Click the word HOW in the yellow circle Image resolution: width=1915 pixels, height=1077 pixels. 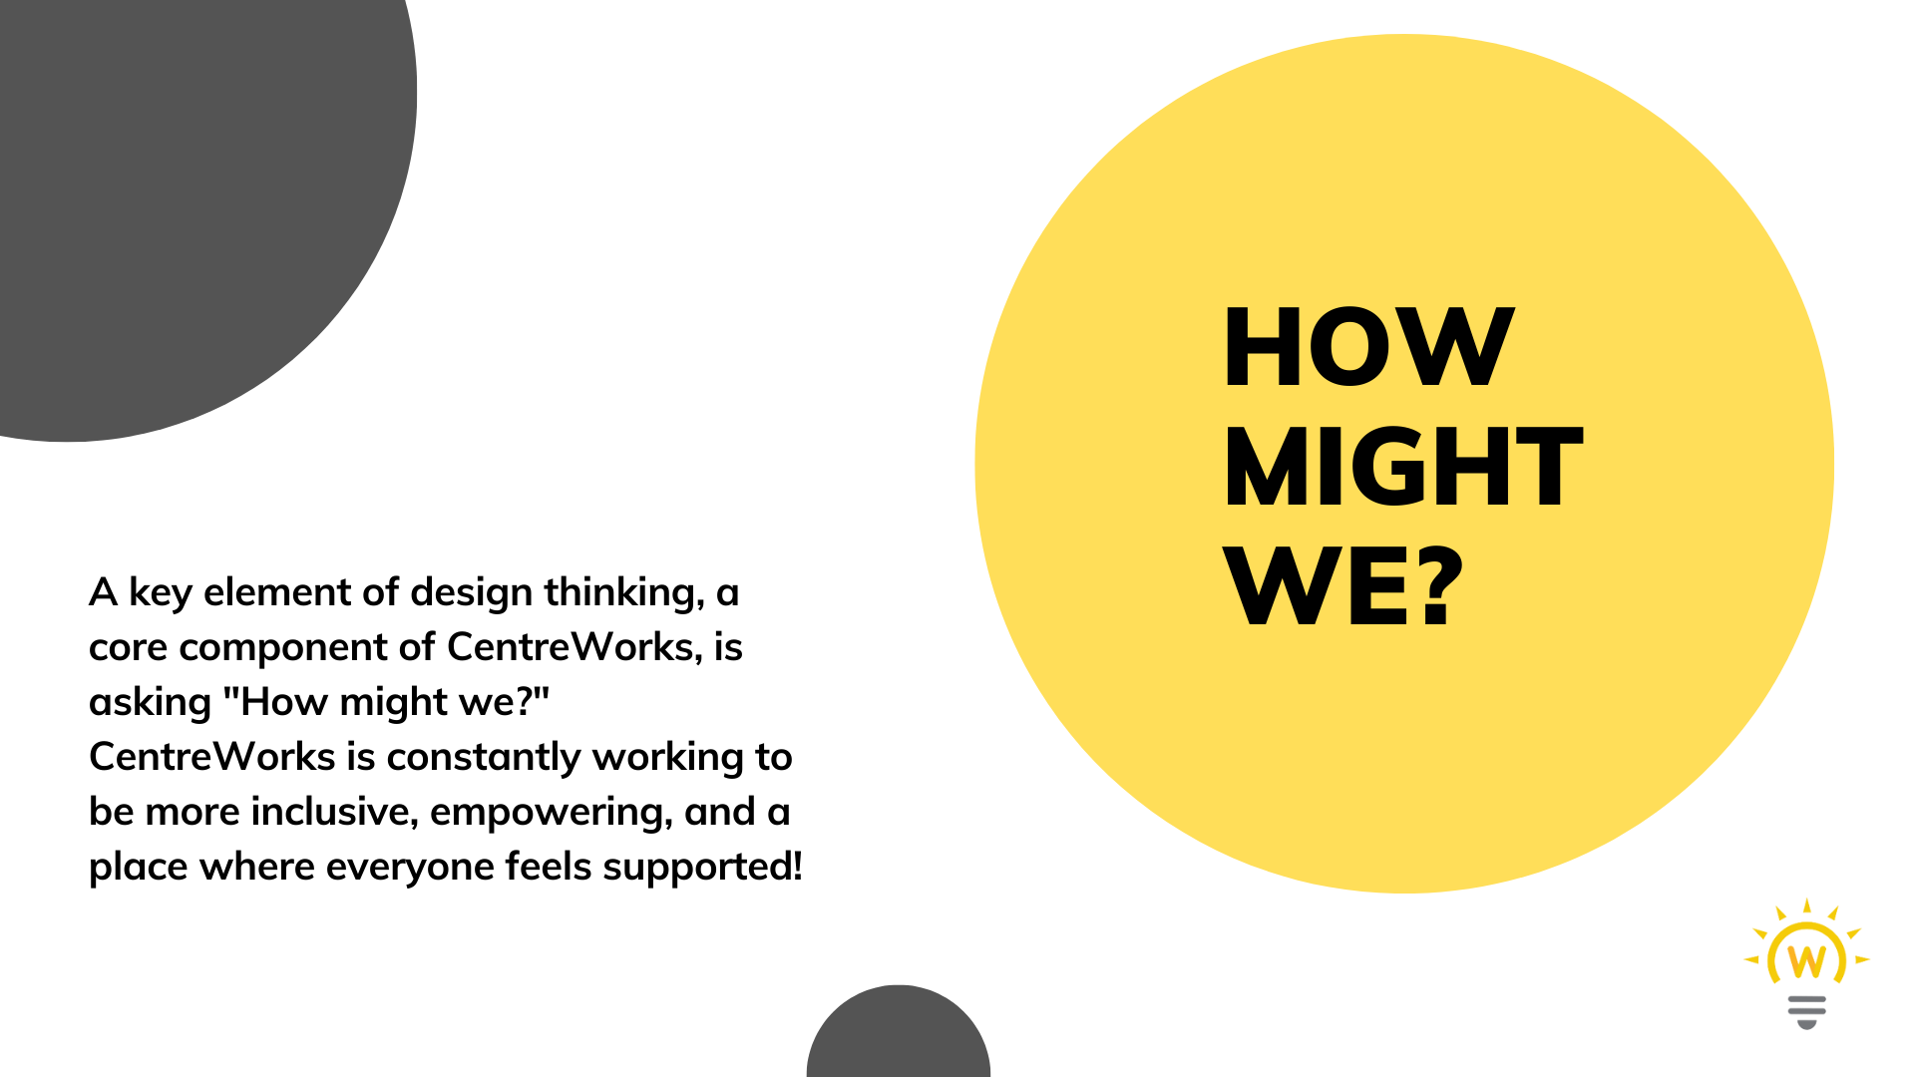[1368, 346]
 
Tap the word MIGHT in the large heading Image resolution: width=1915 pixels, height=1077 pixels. [1403, 466]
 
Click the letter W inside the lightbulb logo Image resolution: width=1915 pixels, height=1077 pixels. [1806, 959]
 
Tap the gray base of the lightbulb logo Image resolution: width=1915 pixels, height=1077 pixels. [1806, 1011]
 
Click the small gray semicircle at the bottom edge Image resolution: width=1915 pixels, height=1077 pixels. [899, 1031]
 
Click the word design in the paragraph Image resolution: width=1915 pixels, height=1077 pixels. [471, 593]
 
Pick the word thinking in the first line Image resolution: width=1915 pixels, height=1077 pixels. [624, 593]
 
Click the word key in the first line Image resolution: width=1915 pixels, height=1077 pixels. [161, 593]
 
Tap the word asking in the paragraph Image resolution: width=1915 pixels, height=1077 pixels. [151, 703]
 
